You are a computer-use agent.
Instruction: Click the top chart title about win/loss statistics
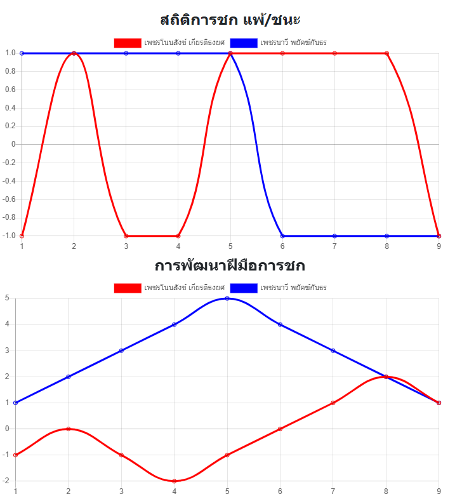pos(230,20)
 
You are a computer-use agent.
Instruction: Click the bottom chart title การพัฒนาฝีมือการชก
pos(230,265)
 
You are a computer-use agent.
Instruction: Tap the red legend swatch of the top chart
pos(127,43)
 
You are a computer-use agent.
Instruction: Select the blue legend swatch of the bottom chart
pos(244,288)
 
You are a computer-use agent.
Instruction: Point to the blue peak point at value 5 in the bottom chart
pos(227,298)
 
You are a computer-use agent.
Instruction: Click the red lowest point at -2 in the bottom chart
pos(174,481)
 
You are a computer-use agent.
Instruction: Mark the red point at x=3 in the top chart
pos(126,236)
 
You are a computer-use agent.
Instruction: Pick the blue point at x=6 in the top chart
pos(282,236)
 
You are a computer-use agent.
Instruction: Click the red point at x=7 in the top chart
pos(334,53)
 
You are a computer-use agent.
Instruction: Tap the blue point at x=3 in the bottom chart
pos(121,351)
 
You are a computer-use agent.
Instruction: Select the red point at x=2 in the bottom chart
pos(68,429)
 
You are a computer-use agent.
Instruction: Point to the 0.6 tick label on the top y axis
pos(10,90)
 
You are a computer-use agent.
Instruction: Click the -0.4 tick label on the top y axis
pos(8,181)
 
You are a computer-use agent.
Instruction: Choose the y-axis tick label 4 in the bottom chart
pos(6,324)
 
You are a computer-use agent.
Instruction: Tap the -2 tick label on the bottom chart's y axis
pos(5,481)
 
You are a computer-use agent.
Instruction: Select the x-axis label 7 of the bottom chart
pos(333,491)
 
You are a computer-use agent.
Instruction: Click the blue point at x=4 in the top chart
pos(178,53)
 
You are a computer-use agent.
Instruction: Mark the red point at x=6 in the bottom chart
pos(280,429)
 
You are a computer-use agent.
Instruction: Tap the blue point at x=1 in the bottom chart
pos(15,403)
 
